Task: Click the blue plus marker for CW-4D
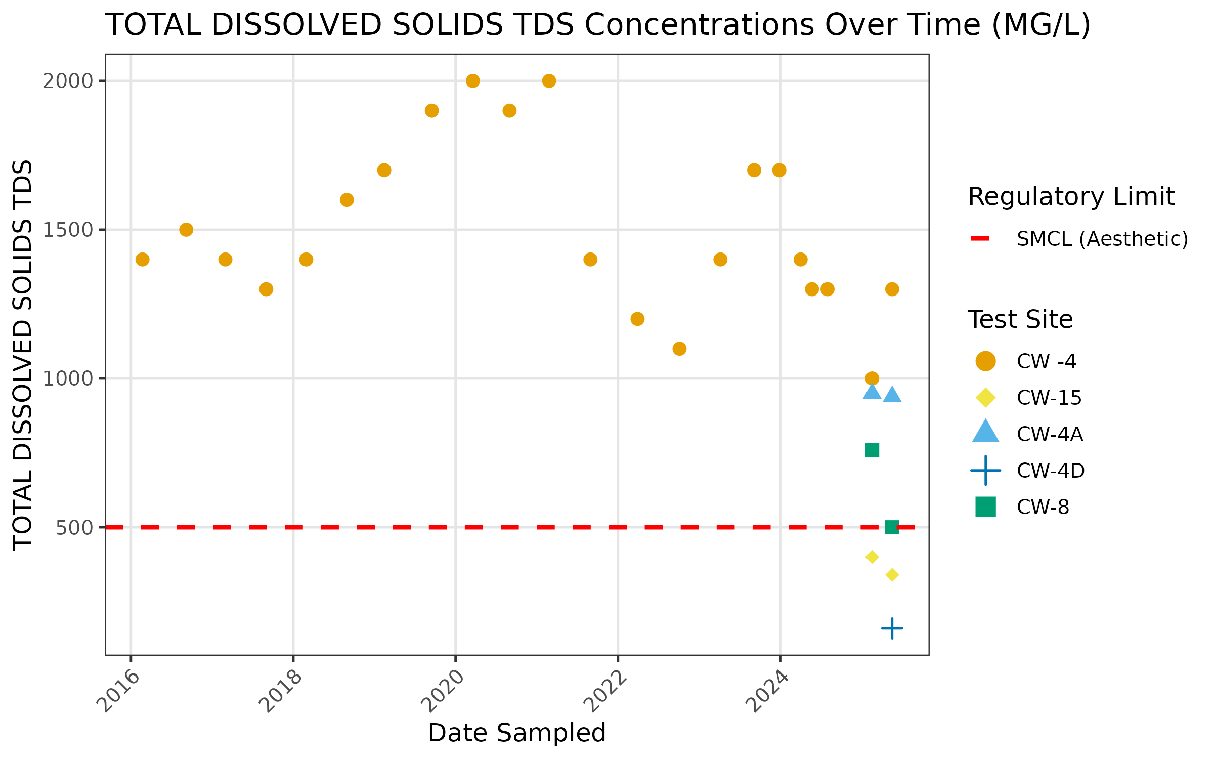(x=892, y=628)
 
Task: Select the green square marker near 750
(x=872, y=449)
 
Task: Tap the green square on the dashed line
(x=892, y=527)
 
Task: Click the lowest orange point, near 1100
(x=679, y=349)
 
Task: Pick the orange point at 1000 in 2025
(x=872, y=378)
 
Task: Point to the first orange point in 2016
(x=143, y=259)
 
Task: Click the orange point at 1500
(x=186, y=230)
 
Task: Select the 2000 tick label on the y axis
(x=68, y=81)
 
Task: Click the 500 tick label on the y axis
(x=74, y=528)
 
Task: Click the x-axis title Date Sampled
(x=516, y=733)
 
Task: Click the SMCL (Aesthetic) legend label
(x=1102, y=239)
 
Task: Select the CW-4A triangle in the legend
(x=985, y=432)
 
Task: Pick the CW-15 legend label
(x=1049, y=398)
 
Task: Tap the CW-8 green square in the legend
(x=985, y=507)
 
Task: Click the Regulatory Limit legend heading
(x=1071, y=196)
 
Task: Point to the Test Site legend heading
(x=1020, y=319)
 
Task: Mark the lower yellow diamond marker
(x=892, y=575)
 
